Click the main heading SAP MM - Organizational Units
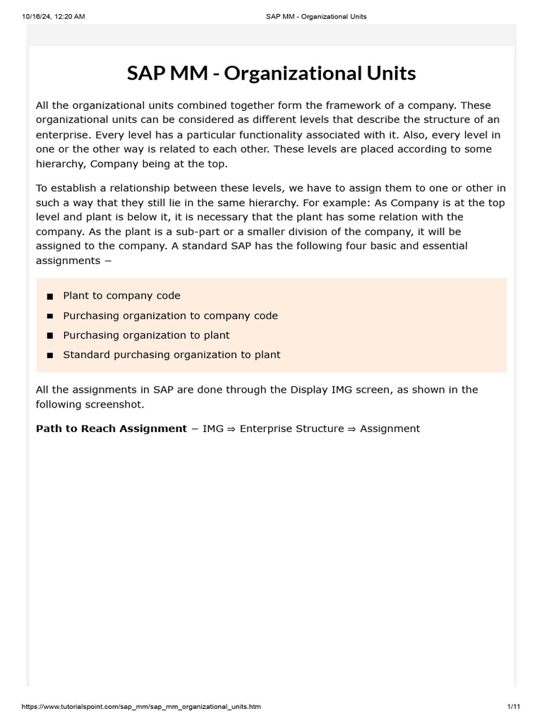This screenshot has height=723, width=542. coord(271,73)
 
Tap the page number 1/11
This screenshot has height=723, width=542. coord(512,707)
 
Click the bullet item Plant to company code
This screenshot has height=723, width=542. coord(121,296)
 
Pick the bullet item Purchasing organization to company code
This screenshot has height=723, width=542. coord(170,316)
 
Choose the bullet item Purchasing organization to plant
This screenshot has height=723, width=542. coord(146,335)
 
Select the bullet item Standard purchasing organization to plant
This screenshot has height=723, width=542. coord(171,355)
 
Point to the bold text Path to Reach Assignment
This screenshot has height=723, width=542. coord(112,429)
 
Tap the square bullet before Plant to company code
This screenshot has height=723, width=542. coord(50,297)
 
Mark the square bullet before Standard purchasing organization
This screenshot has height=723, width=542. coord(50,356)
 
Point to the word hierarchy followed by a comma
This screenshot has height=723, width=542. coord(61,164)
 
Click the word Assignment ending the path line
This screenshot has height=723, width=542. coord(390,429)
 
